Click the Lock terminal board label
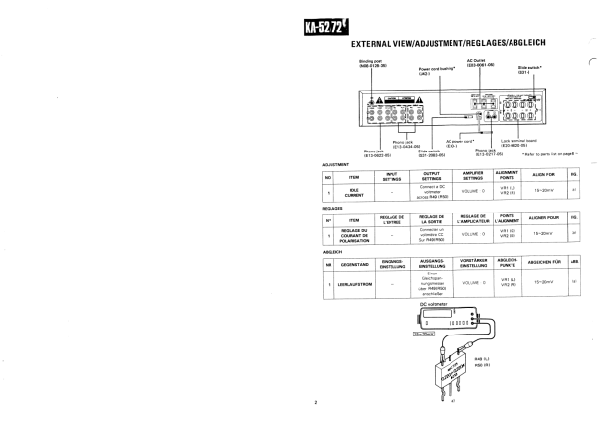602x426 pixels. click(x=522, y=142)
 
